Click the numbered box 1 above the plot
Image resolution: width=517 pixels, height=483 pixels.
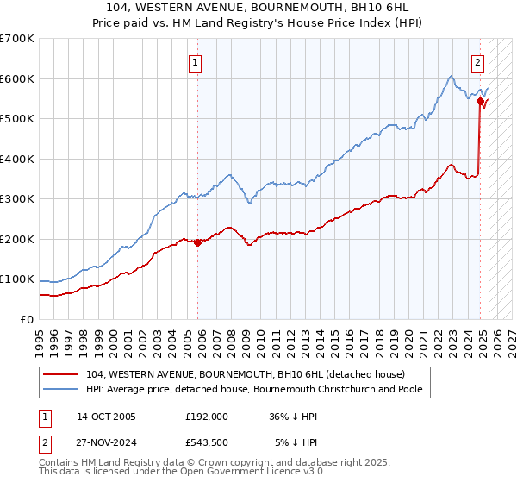(x=196, y=62)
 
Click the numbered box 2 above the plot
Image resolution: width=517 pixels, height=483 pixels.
(x=477, y=62)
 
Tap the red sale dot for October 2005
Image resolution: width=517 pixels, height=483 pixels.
(x=198, y=242)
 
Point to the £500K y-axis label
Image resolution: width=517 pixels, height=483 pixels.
(x=17, y=119)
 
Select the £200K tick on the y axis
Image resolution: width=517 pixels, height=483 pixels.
(x=17, y=239)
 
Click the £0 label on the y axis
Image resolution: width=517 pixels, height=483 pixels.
(x=28, y=319)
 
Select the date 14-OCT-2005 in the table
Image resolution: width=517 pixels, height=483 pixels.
(x=106, y=416)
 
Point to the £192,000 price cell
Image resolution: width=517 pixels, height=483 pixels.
(x=206, y=416)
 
